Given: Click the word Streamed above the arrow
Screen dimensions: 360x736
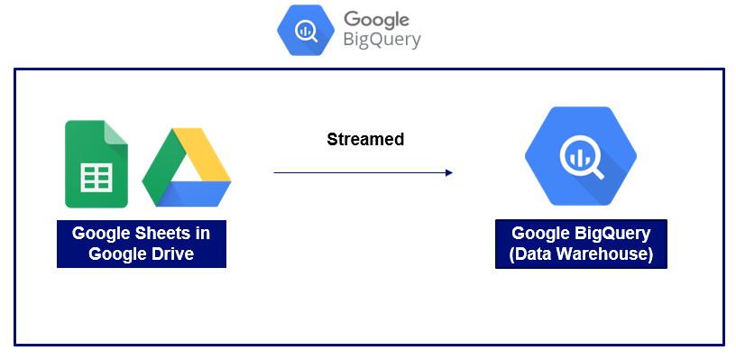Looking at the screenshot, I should [x=365, y=140].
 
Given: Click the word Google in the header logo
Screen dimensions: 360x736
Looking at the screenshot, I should [x=377, y=20].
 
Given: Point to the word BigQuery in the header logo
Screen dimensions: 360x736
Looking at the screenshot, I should [x=382, y=41].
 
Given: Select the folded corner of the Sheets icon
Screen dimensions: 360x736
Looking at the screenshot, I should [x=115, y=133].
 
